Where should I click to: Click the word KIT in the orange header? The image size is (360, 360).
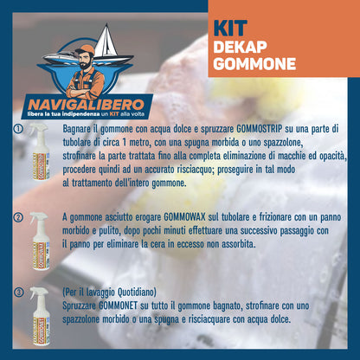pyautogui.click(x=230, y=28)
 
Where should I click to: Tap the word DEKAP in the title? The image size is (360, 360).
pyautogui.click(x=240, y=47)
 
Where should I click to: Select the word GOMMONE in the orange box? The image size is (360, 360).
pyautogui.click(x=254, y=64)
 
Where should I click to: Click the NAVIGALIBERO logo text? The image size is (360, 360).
pyautogui.click(x=86, y=105)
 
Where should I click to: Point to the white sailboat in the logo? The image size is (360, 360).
pyautogui.click(x=106, y=41)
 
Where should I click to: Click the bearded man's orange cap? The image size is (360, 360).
pyautogui.click(x=87, y=49)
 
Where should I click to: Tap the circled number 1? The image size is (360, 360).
pyautogui.click(x=18, y=129)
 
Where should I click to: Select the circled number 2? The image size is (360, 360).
pyautogui.click(x=18, y=217)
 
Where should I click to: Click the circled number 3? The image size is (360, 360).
pyautogui.click(x=18, y=292)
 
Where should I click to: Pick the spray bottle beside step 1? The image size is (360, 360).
pyautogui.click(x=40, y=152)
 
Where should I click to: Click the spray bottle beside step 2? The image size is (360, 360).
pyautogui.click(x=40, y=241)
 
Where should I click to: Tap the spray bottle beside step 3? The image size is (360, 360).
pyautogui.click(x=40, y=317)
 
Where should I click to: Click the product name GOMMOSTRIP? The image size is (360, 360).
pyautogui.click(x=260, y=129)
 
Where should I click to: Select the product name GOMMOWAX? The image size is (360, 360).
pyautogui.click(x=184, y=217)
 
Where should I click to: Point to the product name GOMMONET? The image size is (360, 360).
pyautogui.click(x=118, y=305)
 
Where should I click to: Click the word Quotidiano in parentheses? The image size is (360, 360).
pyautogui.click(x=136, y=292)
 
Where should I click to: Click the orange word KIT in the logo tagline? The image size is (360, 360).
pyautogui.click(x=114, y=114)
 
